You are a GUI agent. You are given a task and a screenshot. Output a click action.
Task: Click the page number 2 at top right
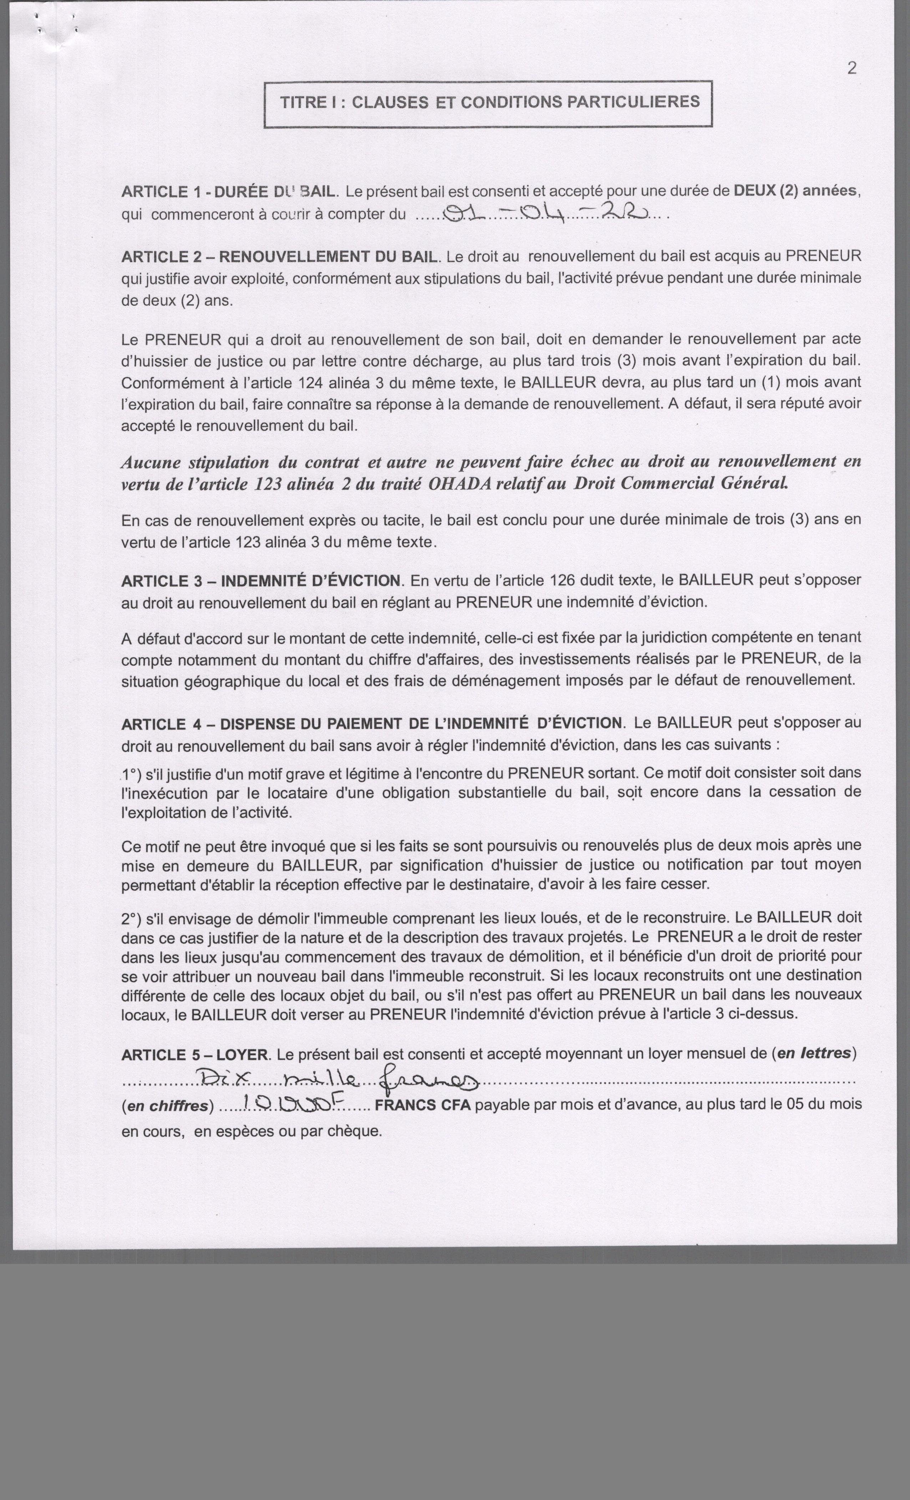[851, 68]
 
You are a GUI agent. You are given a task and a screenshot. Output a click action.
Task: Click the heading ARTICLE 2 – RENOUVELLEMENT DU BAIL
[279, 257]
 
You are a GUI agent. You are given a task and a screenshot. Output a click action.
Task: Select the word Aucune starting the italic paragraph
[151, 462]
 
